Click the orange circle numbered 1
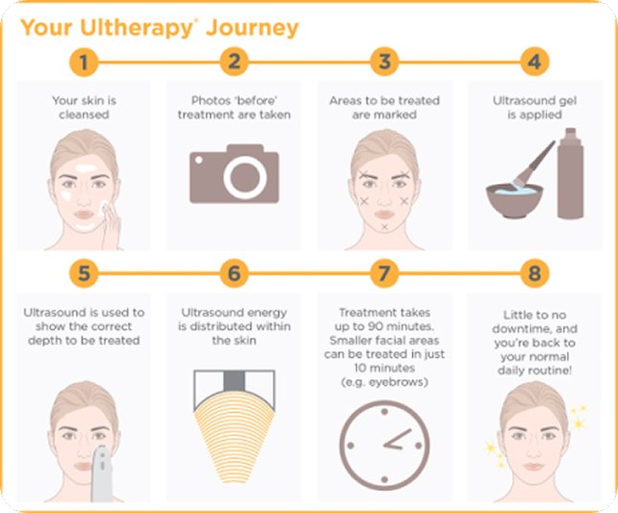pyautogui.click(x=83, y=62)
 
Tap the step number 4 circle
pyautogui.click(x=535, y=62)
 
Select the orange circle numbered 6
pyautogui.click(x=234, y=274)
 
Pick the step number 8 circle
pyautogui.click(x=535, y=274)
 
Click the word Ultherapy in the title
pyautogui.click(x=137, y=29)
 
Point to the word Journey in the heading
pyautogui.click(x=253, y=29)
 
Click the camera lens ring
pyautogui.click(x=245, y=178)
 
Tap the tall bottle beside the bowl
pyautogui.click(x=570, y=172)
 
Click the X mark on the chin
pyautogui.click(x=385, y=227)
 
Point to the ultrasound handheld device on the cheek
pyautogui.click(x=101, y=474)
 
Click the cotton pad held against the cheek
pyautogui.click(x=104, y=207)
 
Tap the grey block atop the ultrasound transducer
pyautogui.click(x=234, y=381)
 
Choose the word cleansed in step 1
pyautogui.click(x=84, y=115)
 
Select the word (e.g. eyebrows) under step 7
pyautogui.click(x=385, y=382)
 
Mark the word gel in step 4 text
pyautogui.click(x=567, y=101)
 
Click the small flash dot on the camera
pyautogui.click(x=199, y=160)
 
